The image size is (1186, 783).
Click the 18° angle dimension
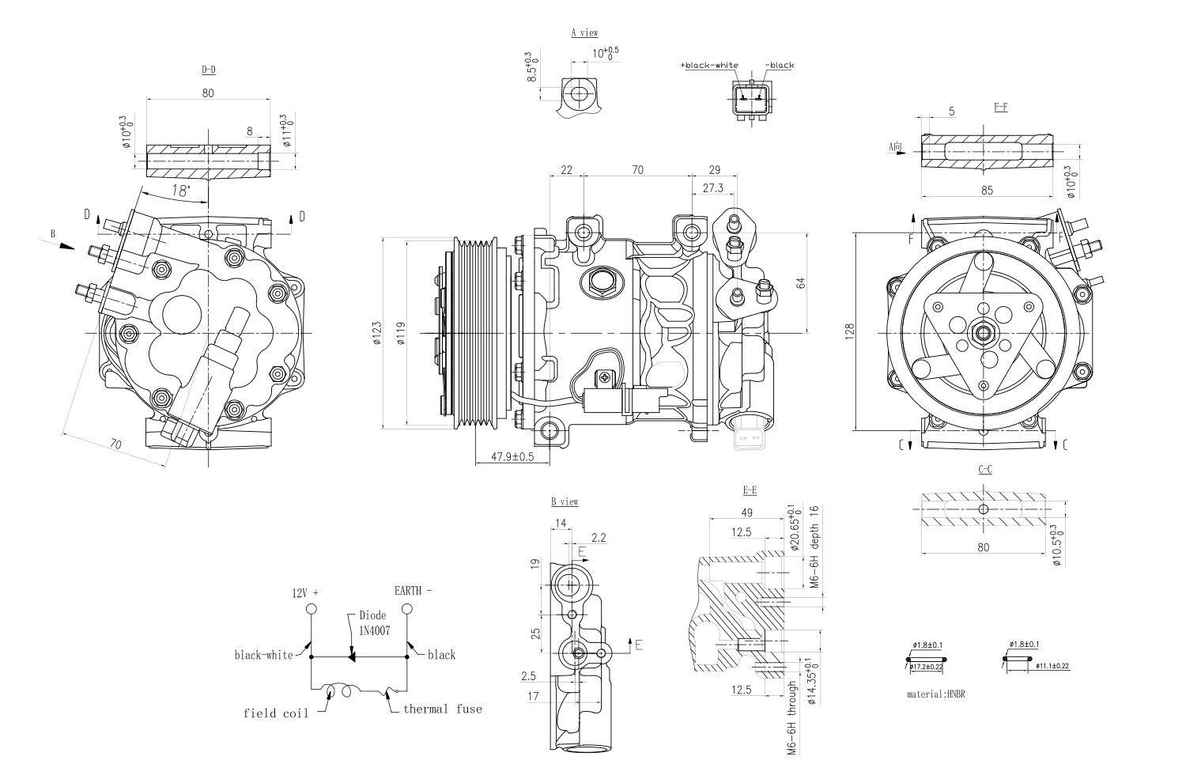pyautogui.click(x=181, y=191)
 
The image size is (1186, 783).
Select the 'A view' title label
pyautogui.click(x=584, y=33)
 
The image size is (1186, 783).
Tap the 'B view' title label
pyautogui.click(x=565, y=502)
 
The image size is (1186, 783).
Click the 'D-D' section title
pyautogui.click(x=208, y=70)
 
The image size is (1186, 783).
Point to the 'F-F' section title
pyautogui.click(x=1000, y=108)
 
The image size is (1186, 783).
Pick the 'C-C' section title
pyautogui.click(x=985, y=469)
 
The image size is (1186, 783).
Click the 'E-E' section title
pyautogui.click(x=750, y=490)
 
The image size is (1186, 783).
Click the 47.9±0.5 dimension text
pyautogui.click(x=512, y=456)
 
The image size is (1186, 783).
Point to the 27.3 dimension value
pyautogui.click(x=712, y=188)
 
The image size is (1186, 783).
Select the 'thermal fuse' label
pyautogui.click(x=442, y=709)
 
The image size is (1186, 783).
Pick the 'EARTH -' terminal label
pyautogui.click(x=413, y=591)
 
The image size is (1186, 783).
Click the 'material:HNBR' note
pyautogui.click(x=936, y=694)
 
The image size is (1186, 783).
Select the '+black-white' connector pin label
pyautogui.click(x=708, y=66)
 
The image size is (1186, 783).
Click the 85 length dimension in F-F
pyautogui.click(x=986, y=190)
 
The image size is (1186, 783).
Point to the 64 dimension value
pyautogui.click(x=801, y=282)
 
